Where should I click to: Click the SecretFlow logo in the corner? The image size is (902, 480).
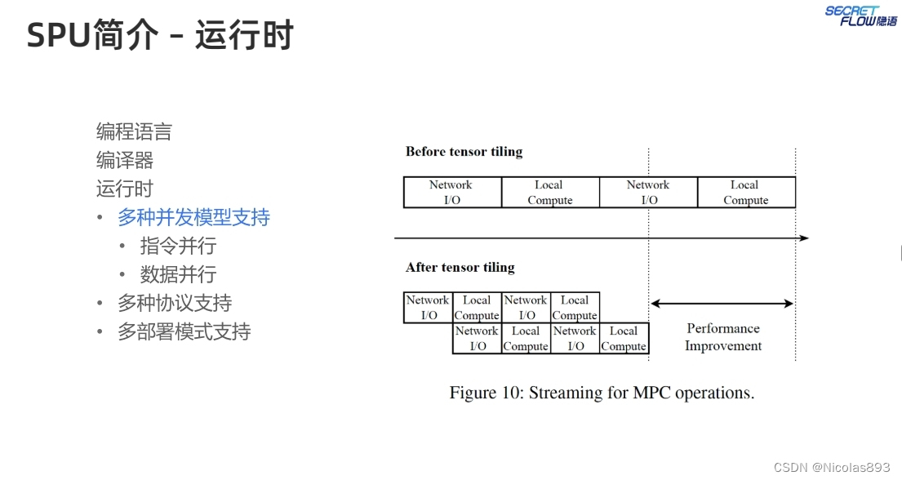pos(860,16)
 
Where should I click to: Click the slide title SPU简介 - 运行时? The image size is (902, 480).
pos(160,36)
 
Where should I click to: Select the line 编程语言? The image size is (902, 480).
pos(134,131)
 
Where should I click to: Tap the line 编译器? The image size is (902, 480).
pos(125,160)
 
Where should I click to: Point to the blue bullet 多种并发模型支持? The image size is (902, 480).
pos(193,217)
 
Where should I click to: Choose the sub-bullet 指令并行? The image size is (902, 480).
pos(178,246)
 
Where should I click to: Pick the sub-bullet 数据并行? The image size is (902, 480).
pos(178,274)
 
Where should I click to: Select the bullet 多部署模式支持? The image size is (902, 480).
pos(184,331)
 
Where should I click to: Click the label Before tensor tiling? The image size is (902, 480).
pos(464,152)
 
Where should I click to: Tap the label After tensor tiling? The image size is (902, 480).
pos(460,268)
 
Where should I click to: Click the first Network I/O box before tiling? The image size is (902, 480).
pos(452,193)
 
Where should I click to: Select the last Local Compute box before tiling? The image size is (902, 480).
pos(746,193)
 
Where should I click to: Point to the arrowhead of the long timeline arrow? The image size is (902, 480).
pos(804,238)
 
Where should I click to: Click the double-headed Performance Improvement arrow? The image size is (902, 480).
pos(722,304)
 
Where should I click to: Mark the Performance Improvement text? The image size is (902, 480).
pos(723,337)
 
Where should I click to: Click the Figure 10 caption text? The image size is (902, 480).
pos(602,393)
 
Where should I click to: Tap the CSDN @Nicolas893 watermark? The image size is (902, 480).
pos(832,467)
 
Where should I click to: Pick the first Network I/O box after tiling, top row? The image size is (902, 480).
pos(429,308)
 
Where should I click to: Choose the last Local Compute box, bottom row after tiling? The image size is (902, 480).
pos(624,339)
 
